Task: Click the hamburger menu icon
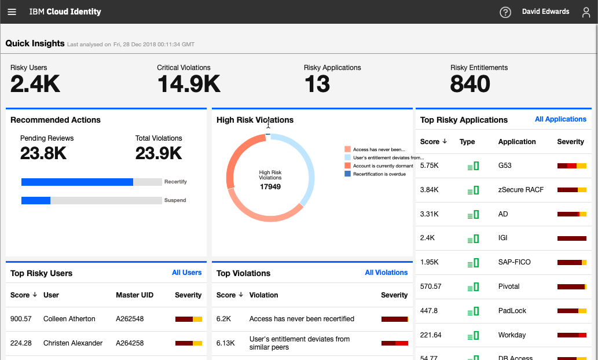click(x=12, y=12)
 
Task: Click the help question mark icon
click(x=505, y=12)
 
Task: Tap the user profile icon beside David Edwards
click(x=586, y=12)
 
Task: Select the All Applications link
click(x=560, y=119)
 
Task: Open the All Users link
click(x=186, y=273)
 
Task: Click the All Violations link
click(x=386, y=273)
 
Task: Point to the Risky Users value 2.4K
click(x=35, y=85)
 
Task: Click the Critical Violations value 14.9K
click(x=189, y=85)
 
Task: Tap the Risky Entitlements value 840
click(x=470, y=85)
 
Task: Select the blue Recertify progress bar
click(x=77, y=182)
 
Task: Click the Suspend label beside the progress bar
click(x=175, y=200)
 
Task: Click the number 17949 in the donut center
click(x=270, y=187)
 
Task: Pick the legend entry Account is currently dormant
click(x=383, y=166)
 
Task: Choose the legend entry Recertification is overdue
click(x=379, y=174)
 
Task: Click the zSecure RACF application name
click(x=520, y=190)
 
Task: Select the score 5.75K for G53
click(x=430, y=166)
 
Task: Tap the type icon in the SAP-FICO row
click(x=473, y=263)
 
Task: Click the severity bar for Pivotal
click(x=571, y=286)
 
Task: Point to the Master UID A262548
click(x=130, y=319)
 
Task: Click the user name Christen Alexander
click(x=73, y=343)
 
